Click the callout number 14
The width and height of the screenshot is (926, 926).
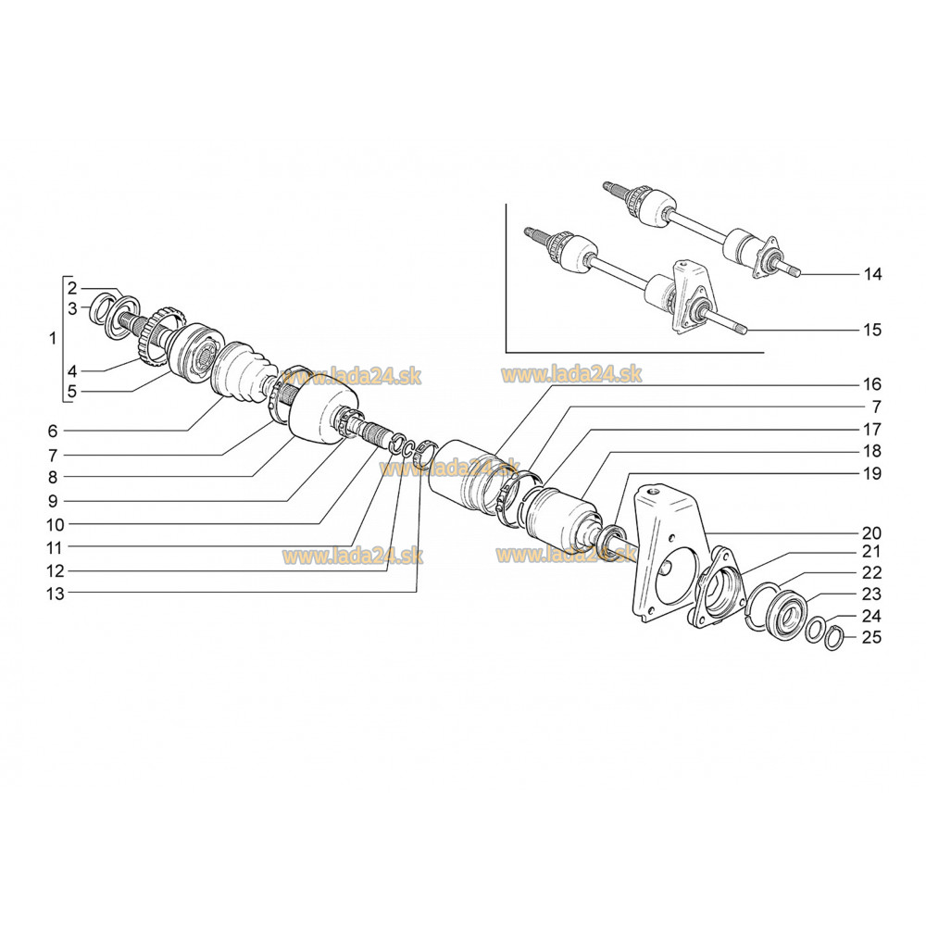tap(872, 274)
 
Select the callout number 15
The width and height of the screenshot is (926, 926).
tap(872, 330)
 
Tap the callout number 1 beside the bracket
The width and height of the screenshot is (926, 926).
tap(53, 338)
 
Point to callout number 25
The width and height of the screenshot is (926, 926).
tap(871, 637)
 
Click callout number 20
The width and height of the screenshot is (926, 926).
tap(871, 533)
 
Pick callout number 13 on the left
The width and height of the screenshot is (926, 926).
tap(55, 594)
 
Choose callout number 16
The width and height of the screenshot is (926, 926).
tap(872, 384)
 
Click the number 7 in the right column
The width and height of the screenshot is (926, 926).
tap(876, 407)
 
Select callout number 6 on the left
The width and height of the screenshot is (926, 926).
tap(53, 432)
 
